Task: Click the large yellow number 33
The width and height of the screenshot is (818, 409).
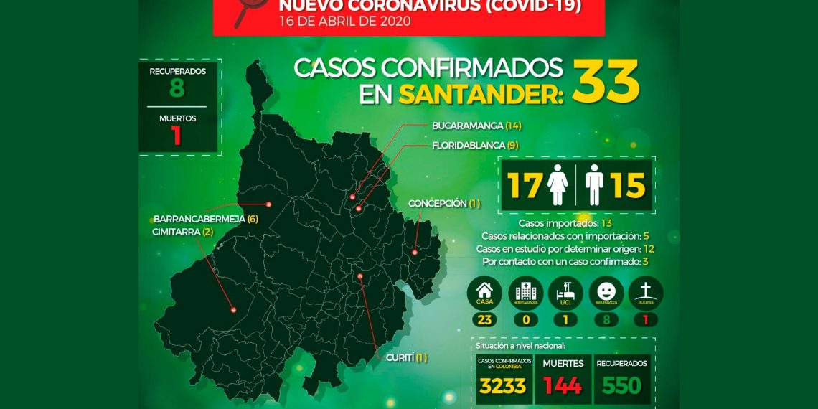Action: click(x=606, y=81)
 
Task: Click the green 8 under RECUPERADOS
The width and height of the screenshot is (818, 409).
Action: click(x=177, y=88)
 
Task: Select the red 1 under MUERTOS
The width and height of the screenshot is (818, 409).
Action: click(x=177, y=136)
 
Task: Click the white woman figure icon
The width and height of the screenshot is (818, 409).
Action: click(x=558, y=184)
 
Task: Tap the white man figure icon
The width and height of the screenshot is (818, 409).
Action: click(x=593, y=184)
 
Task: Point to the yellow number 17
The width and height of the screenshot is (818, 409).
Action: click(x=525, y=185)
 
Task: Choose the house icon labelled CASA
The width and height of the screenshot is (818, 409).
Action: click(x=485, y=292)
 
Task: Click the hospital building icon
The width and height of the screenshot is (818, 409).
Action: click(x=526, y=292)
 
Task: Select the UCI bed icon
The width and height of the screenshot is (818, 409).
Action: click(x=565, y=292)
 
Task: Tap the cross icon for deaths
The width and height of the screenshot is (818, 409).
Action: click(x=646, y=292)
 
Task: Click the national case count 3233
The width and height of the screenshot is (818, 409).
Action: click(x=502, y=386)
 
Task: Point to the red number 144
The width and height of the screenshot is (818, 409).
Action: click(x=563, y=386)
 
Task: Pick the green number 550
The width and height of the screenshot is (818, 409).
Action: click(x=621, y=386)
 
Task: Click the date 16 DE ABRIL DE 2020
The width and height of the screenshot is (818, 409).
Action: click(x=345, y=22)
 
